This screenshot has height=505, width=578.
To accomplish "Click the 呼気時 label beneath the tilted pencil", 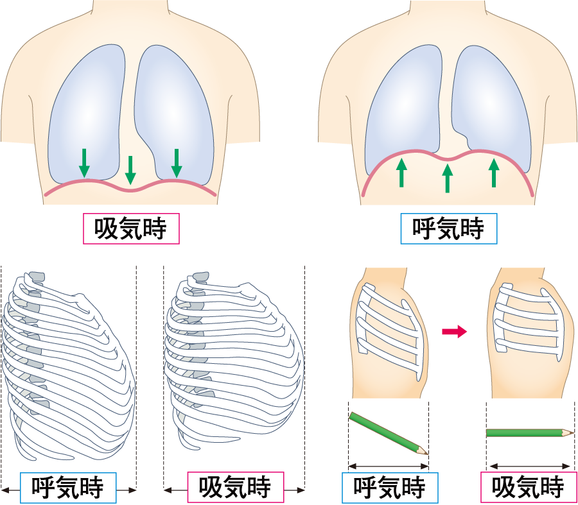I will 389,488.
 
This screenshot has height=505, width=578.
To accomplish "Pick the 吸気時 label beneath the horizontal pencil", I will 528,488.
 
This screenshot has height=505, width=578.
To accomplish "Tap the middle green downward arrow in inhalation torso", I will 130,169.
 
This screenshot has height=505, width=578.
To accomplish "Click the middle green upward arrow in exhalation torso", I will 448,178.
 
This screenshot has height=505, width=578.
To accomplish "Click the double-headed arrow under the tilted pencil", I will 388,467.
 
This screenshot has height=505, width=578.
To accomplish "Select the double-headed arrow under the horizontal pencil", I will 529,467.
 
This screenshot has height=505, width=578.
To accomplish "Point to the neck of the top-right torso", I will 448,13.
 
